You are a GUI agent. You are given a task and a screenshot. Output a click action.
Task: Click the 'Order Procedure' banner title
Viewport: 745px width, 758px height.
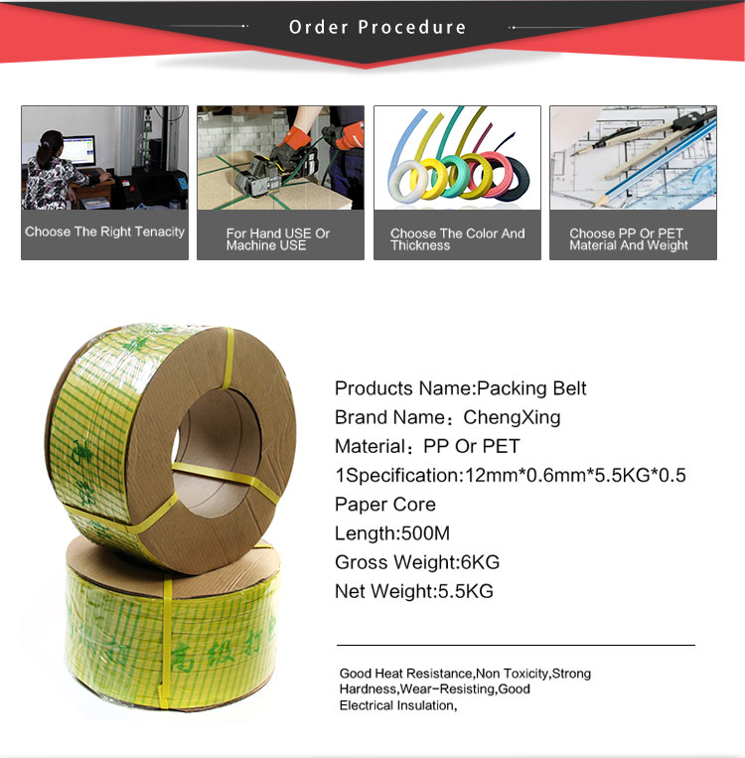377,27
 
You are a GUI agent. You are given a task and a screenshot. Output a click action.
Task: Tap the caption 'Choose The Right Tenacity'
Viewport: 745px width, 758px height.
105,232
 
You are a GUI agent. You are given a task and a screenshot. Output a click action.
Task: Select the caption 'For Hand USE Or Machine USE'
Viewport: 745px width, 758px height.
278,239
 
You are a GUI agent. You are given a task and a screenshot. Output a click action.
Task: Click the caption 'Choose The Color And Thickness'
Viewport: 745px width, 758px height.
457,239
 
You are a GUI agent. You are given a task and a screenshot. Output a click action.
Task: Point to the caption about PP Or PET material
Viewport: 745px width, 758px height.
629,239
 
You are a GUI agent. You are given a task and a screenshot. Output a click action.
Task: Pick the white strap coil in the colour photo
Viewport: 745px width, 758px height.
408,181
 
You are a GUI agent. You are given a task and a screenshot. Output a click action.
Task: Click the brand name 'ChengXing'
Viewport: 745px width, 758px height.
512,417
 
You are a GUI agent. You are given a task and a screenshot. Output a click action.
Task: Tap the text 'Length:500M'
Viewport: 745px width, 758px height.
392,533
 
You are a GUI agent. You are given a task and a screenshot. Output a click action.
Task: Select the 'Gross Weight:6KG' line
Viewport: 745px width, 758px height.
417,562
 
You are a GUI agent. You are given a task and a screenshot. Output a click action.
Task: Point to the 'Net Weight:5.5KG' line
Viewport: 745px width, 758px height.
414,591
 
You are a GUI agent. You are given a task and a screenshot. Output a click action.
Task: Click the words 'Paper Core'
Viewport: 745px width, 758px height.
385,505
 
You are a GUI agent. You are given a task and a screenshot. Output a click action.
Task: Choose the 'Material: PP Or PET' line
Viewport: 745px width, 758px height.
427,446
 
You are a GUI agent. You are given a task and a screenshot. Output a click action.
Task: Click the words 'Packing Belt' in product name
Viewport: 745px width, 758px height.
531,388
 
